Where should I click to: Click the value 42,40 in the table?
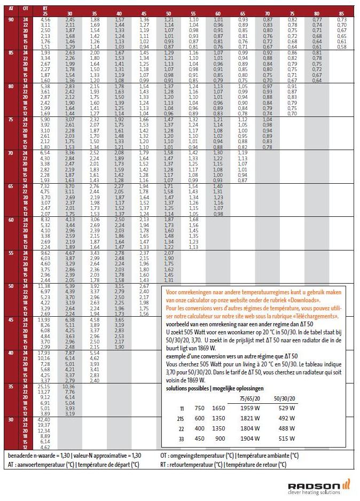point(45,419)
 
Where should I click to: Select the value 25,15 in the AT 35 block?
point(45,386)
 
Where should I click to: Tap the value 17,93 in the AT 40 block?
point(45,353)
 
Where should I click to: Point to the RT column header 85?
point(342,13)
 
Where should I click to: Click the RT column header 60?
point(217,13)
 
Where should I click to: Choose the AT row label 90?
point(11,19)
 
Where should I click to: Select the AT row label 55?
point(11,253)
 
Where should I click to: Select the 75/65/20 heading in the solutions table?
point(251,397)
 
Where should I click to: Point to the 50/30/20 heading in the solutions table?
point(285,397)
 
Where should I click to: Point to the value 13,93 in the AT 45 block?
point(45,319)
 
